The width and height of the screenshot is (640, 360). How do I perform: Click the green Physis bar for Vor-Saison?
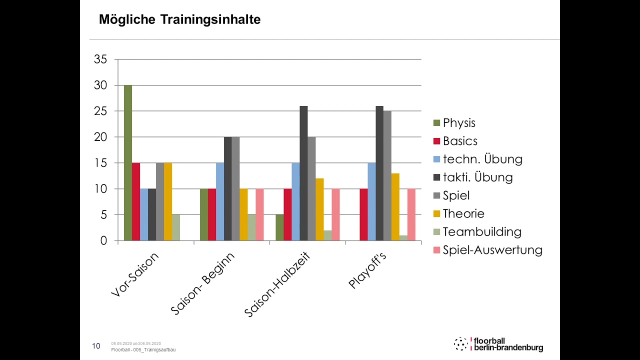click(x=128, y=163)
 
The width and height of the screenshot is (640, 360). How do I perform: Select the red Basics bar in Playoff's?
click(x=363, y=214)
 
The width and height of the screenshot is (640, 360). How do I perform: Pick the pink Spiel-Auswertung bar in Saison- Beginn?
click(x=259, y=214)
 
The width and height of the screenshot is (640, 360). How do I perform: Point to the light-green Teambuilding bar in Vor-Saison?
click(x=176, y=227)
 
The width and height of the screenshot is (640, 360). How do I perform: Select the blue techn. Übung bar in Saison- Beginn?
click(x=220, y=201)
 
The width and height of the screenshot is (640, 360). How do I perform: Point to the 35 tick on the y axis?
click(x=100, y=59)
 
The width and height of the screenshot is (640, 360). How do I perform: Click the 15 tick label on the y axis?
click(x=100, y=163)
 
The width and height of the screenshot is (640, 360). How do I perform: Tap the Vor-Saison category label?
click(x=134, y=275)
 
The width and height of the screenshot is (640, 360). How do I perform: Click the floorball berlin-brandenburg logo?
click(x=498, y=344)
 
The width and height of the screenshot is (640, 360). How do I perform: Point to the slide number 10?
click(x=96, y=345)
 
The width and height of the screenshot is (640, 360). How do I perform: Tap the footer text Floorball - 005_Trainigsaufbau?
click(x=143, y=349)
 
